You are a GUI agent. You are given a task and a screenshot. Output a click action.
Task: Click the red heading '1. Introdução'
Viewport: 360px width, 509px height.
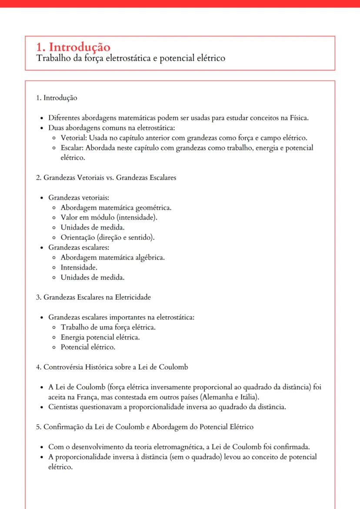[73, 47]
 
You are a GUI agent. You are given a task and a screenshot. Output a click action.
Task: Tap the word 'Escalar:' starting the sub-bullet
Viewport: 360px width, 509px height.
[72, 148]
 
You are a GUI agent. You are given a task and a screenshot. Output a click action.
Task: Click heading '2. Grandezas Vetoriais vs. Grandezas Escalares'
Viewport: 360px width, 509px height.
[106, 178]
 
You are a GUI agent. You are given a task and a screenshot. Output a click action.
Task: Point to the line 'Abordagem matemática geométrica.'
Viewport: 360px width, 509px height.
[116, 207]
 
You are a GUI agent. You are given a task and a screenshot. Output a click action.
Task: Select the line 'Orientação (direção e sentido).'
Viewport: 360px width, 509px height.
[108, 237]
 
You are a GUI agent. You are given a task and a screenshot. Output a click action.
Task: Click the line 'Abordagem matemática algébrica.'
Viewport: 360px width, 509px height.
[113, 257]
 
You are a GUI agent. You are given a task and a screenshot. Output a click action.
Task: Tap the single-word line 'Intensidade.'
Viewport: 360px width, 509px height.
[79, 267]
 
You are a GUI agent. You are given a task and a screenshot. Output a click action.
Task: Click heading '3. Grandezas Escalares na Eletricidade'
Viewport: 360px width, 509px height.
[93, 297]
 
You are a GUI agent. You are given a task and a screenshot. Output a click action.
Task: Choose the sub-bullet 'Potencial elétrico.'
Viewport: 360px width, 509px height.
[88, 347]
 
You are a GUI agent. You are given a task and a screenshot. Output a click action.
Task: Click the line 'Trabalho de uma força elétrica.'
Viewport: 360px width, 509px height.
[108, 327]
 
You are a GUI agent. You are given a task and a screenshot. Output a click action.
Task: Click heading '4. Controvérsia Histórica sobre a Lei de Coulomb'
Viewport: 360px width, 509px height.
[112, 367]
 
